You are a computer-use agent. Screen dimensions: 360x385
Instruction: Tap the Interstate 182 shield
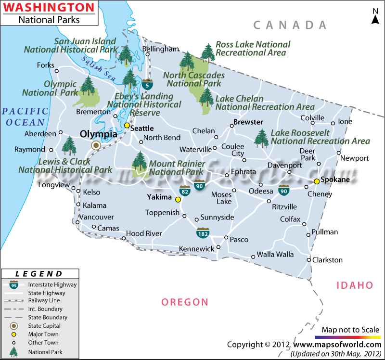tap(202, 233)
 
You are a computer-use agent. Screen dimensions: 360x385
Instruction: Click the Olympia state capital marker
tap(96, 145)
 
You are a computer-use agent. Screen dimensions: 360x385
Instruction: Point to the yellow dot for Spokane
tap(316, 181)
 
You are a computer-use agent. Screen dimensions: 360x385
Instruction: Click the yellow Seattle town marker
tap(127, 125)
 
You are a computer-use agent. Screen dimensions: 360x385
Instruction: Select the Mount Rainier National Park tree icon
tap(140, 162)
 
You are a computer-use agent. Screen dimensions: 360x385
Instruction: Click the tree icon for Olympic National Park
tap(88, 86)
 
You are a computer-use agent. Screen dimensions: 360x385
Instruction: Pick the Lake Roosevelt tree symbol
tap(261, 138)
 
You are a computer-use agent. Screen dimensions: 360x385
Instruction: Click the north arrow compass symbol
tap(375, 16)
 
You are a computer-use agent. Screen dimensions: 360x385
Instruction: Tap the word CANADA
tap(290, 25)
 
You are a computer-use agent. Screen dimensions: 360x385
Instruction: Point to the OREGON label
tap(185, 302)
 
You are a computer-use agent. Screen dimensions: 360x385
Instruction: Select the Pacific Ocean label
tap(23, 117)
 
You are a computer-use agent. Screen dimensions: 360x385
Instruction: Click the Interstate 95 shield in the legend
tap(14, 285)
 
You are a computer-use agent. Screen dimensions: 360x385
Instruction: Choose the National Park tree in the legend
tap(14, 352)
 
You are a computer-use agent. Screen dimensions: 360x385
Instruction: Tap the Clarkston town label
tap(327, 260)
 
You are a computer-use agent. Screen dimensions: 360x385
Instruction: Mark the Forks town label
tap(46, 65)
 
